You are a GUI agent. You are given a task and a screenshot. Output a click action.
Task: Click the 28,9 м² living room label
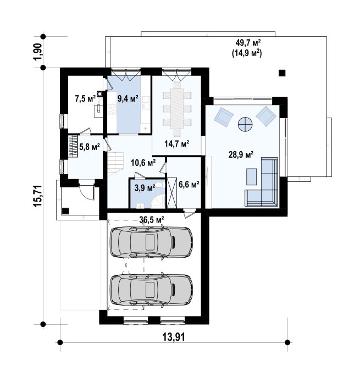pyautogui.click(x=241, y=154)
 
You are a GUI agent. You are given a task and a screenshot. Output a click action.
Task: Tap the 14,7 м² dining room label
pyautogui.click(x=177, y=144)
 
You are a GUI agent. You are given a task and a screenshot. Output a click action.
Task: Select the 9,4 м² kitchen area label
pyautogui.click(x=128, y=99)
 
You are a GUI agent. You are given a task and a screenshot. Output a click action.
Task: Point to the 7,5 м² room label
pyautogui.click(x=85, y=99)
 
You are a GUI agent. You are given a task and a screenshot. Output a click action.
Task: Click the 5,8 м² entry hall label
pyautogui.click(x=90, y=147)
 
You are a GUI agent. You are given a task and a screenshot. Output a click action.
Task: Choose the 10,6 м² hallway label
pyautogui.click(x=143, y=163)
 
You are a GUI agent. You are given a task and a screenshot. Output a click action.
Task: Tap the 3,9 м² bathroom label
pyautogui.click(x=145, y=188)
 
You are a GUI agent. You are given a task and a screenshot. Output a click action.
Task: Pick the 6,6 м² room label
pyautogui.click(x=189, y=185)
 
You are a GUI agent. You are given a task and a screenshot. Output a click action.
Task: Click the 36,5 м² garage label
pyautogui.click(x=152, y=220)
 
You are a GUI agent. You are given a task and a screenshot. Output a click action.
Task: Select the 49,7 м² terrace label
pyautogui.click(x=248, y=43)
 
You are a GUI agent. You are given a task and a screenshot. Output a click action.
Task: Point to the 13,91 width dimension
pyautogui.click(x=174, y=337)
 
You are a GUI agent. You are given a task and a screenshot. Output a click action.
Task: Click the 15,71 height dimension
pyautogui.click(x=38, y=196)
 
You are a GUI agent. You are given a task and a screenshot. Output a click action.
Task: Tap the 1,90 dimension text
pyautogui.click(x=38, y=52)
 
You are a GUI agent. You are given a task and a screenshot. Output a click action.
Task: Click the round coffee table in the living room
pyautogui.click(x=245, y=125)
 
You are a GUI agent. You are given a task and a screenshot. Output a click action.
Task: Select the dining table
pyautogui.click(x=177, y=109)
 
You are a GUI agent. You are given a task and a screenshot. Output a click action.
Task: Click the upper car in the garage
pyautogui.click(x=152, y=242)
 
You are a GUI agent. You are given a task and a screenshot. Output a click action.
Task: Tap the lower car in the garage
pyautogui.click(x=152, y=290)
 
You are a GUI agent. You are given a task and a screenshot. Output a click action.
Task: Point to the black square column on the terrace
pyautogui.click(x=282, y=73)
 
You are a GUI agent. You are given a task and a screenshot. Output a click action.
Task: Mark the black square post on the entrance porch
pyautogui.click(x=65, y=211)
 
